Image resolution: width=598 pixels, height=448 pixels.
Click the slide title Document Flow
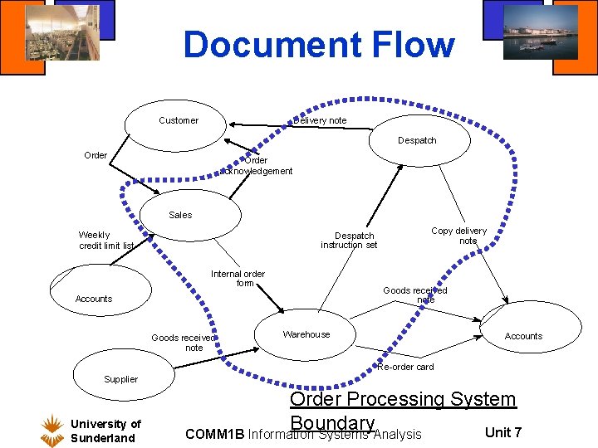pyautogui.click(x=319, y=45)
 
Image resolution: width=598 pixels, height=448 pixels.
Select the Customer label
pyautogui.click(x=179, y=121)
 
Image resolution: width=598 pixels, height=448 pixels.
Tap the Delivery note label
pyautogui.click(x=321, y=121)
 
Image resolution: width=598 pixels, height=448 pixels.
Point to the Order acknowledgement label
pyautogui.click(x=256, y=166)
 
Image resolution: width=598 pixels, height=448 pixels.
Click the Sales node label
pyautogui.click(x=180, y=215)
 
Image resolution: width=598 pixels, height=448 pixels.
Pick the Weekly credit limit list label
pyautogui.click(x=105, y=241)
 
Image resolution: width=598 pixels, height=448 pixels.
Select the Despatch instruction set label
pyautogui.click(x=349, y=241)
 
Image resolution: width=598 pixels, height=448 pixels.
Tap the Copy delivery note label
pyautogui.click(x=459, y=236)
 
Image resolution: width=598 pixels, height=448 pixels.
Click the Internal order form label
pyautogui.click(x=238, y=278)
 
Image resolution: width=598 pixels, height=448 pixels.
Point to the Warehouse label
pyautogui.click(x=306, y=335)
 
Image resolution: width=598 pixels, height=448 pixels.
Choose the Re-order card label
pyautogui.click(x=405, y=367)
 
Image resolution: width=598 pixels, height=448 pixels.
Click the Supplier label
pyautogui.click(x=121, y=379)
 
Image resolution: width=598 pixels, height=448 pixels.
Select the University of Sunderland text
pyautogui.click(x=105, y=431)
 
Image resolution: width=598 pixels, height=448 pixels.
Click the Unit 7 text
pyautogui.click(x=503, y=432)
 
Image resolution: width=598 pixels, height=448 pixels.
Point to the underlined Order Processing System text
pyautogui.click(x=403, y=399)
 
